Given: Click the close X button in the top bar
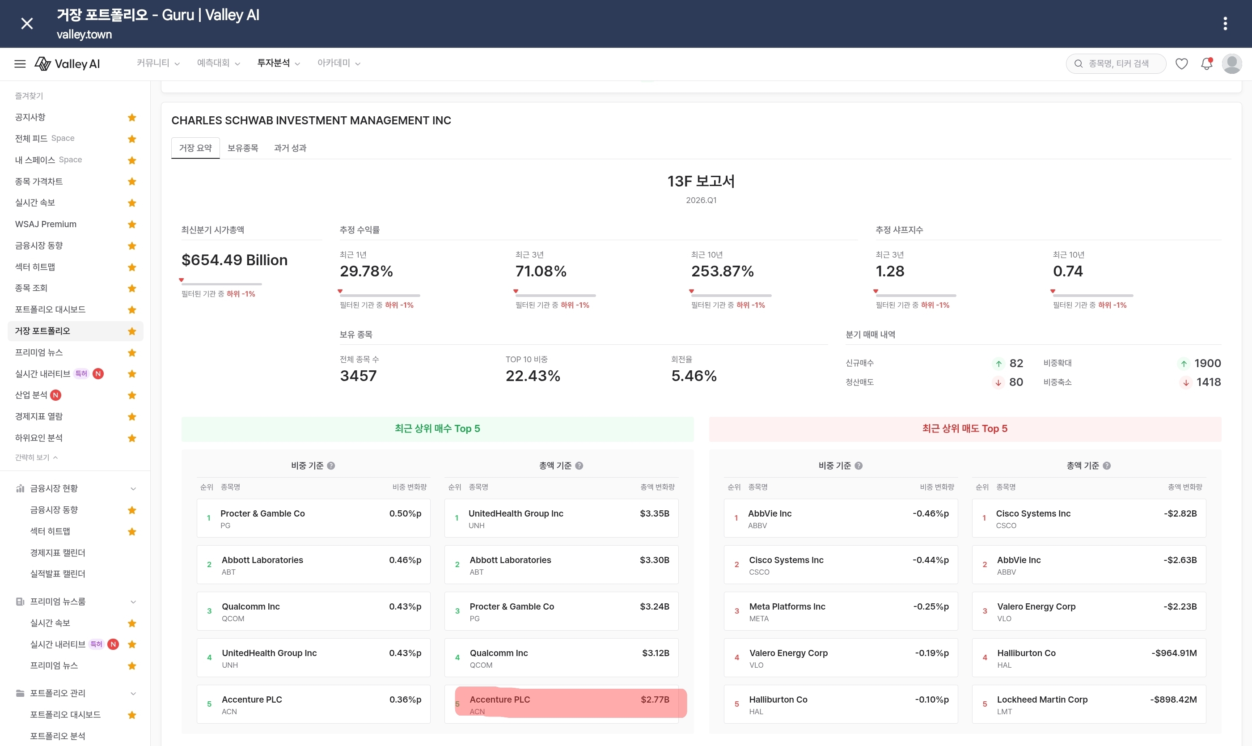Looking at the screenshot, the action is coord(27,24).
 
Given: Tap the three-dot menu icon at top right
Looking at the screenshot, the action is coord(1225,24).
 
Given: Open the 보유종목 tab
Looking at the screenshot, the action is coord(243,148).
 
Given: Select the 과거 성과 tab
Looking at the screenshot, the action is coord(290,148).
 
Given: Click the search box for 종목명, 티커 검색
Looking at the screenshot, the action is coord(1115,64).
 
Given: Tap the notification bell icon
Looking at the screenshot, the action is coord(1206,64).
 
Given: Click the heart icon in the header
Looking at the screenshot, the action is coord(1181,64).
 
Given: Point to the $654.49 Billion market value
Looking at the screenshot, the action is coord(235,260).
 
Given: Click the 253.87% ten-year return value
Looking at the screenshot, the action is coord(722,271).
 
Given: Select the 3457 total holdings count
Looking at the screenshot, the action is coord(358,376).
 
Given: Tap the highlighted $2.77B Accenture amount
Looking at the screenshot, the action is coord(655,699).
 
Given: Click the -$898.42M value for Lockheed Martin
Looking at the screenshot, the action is coord(1173,699).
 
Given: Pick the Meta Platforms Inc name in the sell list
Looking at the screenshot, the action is coord(787,606).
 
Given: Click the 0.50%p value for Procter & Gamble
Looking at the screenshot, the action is coord(405,513).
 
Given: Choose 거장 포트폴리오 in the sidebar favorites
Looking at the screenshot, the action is coord(43,331).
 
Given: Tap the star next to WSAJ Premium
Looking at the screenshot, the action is coord(132,224).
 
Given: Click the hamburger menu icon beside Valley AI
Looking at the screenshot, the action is coord(20,64).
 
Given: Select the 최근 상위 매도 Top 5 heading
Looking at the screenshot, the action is coord(964,428).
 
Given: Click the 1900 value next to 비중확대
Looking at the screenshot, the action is coord(1207,363).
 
